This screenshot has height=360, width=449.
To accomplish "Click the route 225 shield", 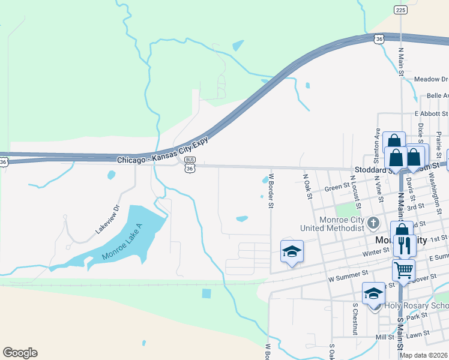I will click(401, 10).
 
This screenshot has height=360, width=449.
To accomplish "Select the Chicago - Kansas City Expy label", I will click(163, 158).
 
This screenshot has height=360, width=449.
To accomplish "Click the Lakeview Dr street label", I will click(107, 219).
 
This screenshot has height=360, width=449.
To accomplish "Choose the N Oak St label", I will click(308, 186).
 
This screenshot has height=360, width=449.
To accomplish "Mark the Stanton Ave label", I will click(378, 146).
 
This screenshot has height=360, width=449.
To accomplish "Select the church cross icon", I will click(373, 223).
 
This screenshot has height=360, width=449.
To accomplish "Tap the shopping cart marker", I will click(403, 270).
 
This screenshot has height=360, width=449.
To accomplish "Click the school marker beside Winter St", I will click(292, 251).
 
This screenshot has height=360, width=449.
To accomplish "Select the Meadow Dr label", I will click(431, 79).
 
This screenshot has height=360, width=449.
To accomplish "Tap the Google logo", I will click(20, 353).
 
